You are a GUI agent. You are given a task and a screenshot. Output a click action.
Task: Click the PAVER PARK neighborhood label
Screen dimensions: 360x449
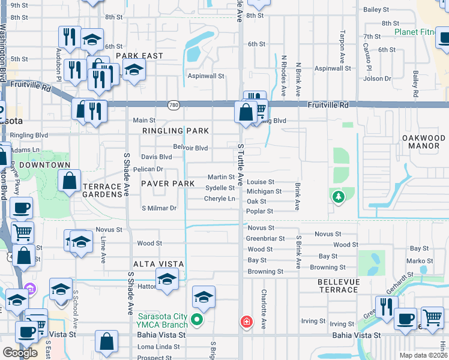pyautogui.click(x=167, y=183)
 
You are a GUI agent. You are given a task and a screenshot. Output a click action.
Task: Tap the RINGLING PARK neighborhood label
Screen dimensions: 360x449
pyautogui.click(x=175, y=131)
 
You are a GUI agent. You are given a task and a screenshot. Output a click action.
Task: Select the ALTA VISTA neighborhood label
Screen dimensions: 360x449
pyautogui.click(x=159, y=264)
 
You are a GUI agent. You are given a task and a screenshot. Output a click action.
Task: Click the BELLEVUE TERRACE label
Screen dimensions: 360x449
pyautogui.click(x=339, y=286)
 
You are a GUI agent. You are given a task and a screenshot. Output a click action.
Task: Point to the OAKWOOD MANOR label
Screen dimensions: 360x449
pyautogui.click(x=424, y=142)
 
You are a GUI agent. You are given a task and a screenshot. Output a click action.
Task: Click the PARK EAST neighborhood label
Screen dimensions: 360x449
pyautogui.click(x=140, y=56)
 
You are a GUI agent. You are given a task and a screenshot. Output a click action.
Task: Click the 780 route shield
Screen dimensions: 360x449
pyautogui.click(x=172, y=104)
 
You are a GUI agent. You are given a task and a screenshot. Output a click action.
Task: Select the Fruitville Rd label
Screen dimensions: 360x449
pyautogui.click(x=328, y=104)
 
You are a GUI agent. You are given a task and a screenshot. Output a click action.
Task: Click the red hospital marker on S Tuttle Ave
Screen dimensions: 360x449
pyautogui.click(x=246, y=322)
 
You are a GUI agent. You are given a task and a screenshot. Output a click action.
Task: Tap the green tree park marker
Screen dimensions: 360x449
pyautogui.click(x=339, y=196)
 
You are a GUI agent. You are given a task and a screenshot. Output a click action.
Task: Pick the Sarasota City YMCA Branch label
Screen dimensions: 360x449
pyautogui.click(x=163, y=321)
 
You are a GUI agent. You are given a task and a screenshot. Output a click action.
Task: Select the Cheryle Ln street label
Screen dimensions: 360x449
pyautogui.click(x=220, y=199)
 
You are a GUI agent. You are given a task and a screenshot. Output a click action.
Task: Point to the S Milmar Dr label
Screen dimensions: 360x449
pyautogui.click(x=158, y=208)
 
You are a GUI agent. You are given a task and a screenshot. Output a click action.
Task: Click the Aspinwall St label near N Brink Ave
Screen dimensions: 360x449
pyautogui.click(x=333, y=68)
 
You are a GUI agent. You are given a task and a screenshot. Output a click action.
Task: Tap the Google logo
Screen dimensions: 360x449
pyautogui.click(x=20, y=352)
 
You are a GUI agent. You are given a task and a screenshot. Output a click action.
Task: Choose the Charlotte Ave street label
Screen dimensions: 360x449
pyautogui.click(x=263, y=309)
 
